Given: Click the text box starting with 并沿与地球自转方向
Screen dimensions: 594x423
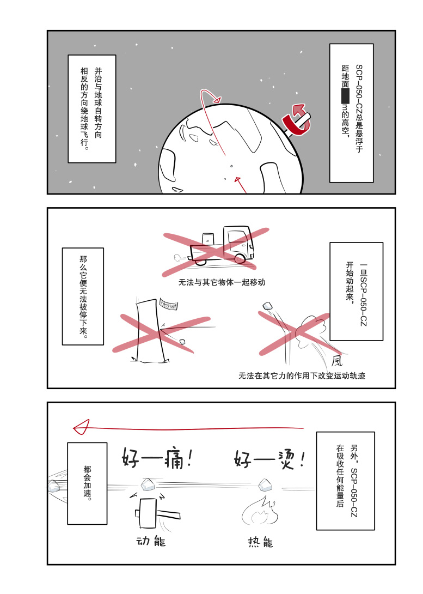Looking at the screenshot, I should [91, 108].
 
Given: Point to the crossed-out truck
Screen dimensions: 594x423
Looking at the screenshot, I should [222, 245].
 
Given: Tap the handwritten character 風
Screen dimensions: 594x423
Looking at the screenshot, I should [338, 360].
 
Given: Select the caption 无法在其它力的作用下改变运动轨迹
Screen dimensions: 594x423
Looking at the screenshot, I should [297, 375].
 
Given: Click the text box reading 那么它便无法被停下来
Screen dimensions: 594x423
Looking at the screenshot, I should [83, 296].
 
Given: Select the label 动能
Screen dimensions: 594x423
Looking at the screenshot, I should [150, 542].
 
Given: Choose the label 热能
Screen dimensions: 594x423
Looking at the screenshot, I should [260, 542].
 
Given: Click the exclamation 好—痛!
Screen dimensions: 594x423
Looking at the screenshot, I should [156, 458].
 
